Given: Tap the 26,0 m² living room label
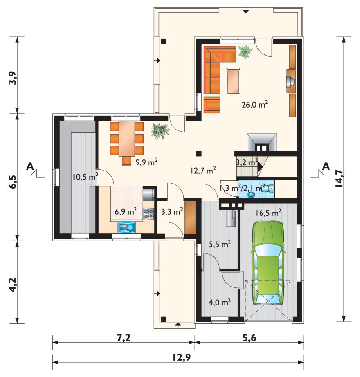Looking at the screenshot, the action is [x=255, y=104].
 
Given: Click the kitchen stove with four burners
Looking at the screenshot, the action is [x=148, y=214].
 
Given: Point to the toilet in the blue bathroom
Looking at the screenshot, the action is [x=267, y=188].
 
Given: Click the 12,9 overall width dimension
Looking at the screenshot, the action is [x=181, y=357].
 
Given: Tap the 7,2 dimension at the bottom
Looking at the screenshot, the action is [x=124, y=338].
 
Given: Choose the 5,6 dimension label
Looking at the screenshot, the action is [x=249, y=338].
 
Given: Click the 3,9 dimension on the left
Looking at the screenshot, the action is [x=13, y=78].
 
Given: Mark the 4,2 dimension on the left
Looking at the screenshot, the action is [x=13, y=285].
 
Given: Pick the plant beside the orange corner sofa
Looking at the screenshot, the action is [x=246, y=51].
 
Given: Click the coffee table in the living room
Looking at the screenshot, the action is [x=234, y=81].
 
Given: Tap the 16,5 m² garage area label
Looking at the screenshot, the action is [x=268, y=213].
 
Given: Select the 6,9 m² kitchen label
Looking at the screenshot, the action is [x=126, y=212].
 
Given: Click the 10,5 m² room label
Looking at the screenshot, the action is [x=85, y=177].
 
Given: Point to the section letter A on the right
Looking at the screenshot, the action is [x=326, y=166].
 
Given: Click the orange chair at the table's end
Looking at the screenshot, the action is [x=127, y=161].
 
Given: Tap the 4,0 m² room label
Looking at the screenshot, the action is [x=220, y=302].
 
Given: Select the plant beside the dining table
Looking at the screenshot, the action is [x=160, y=131].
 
